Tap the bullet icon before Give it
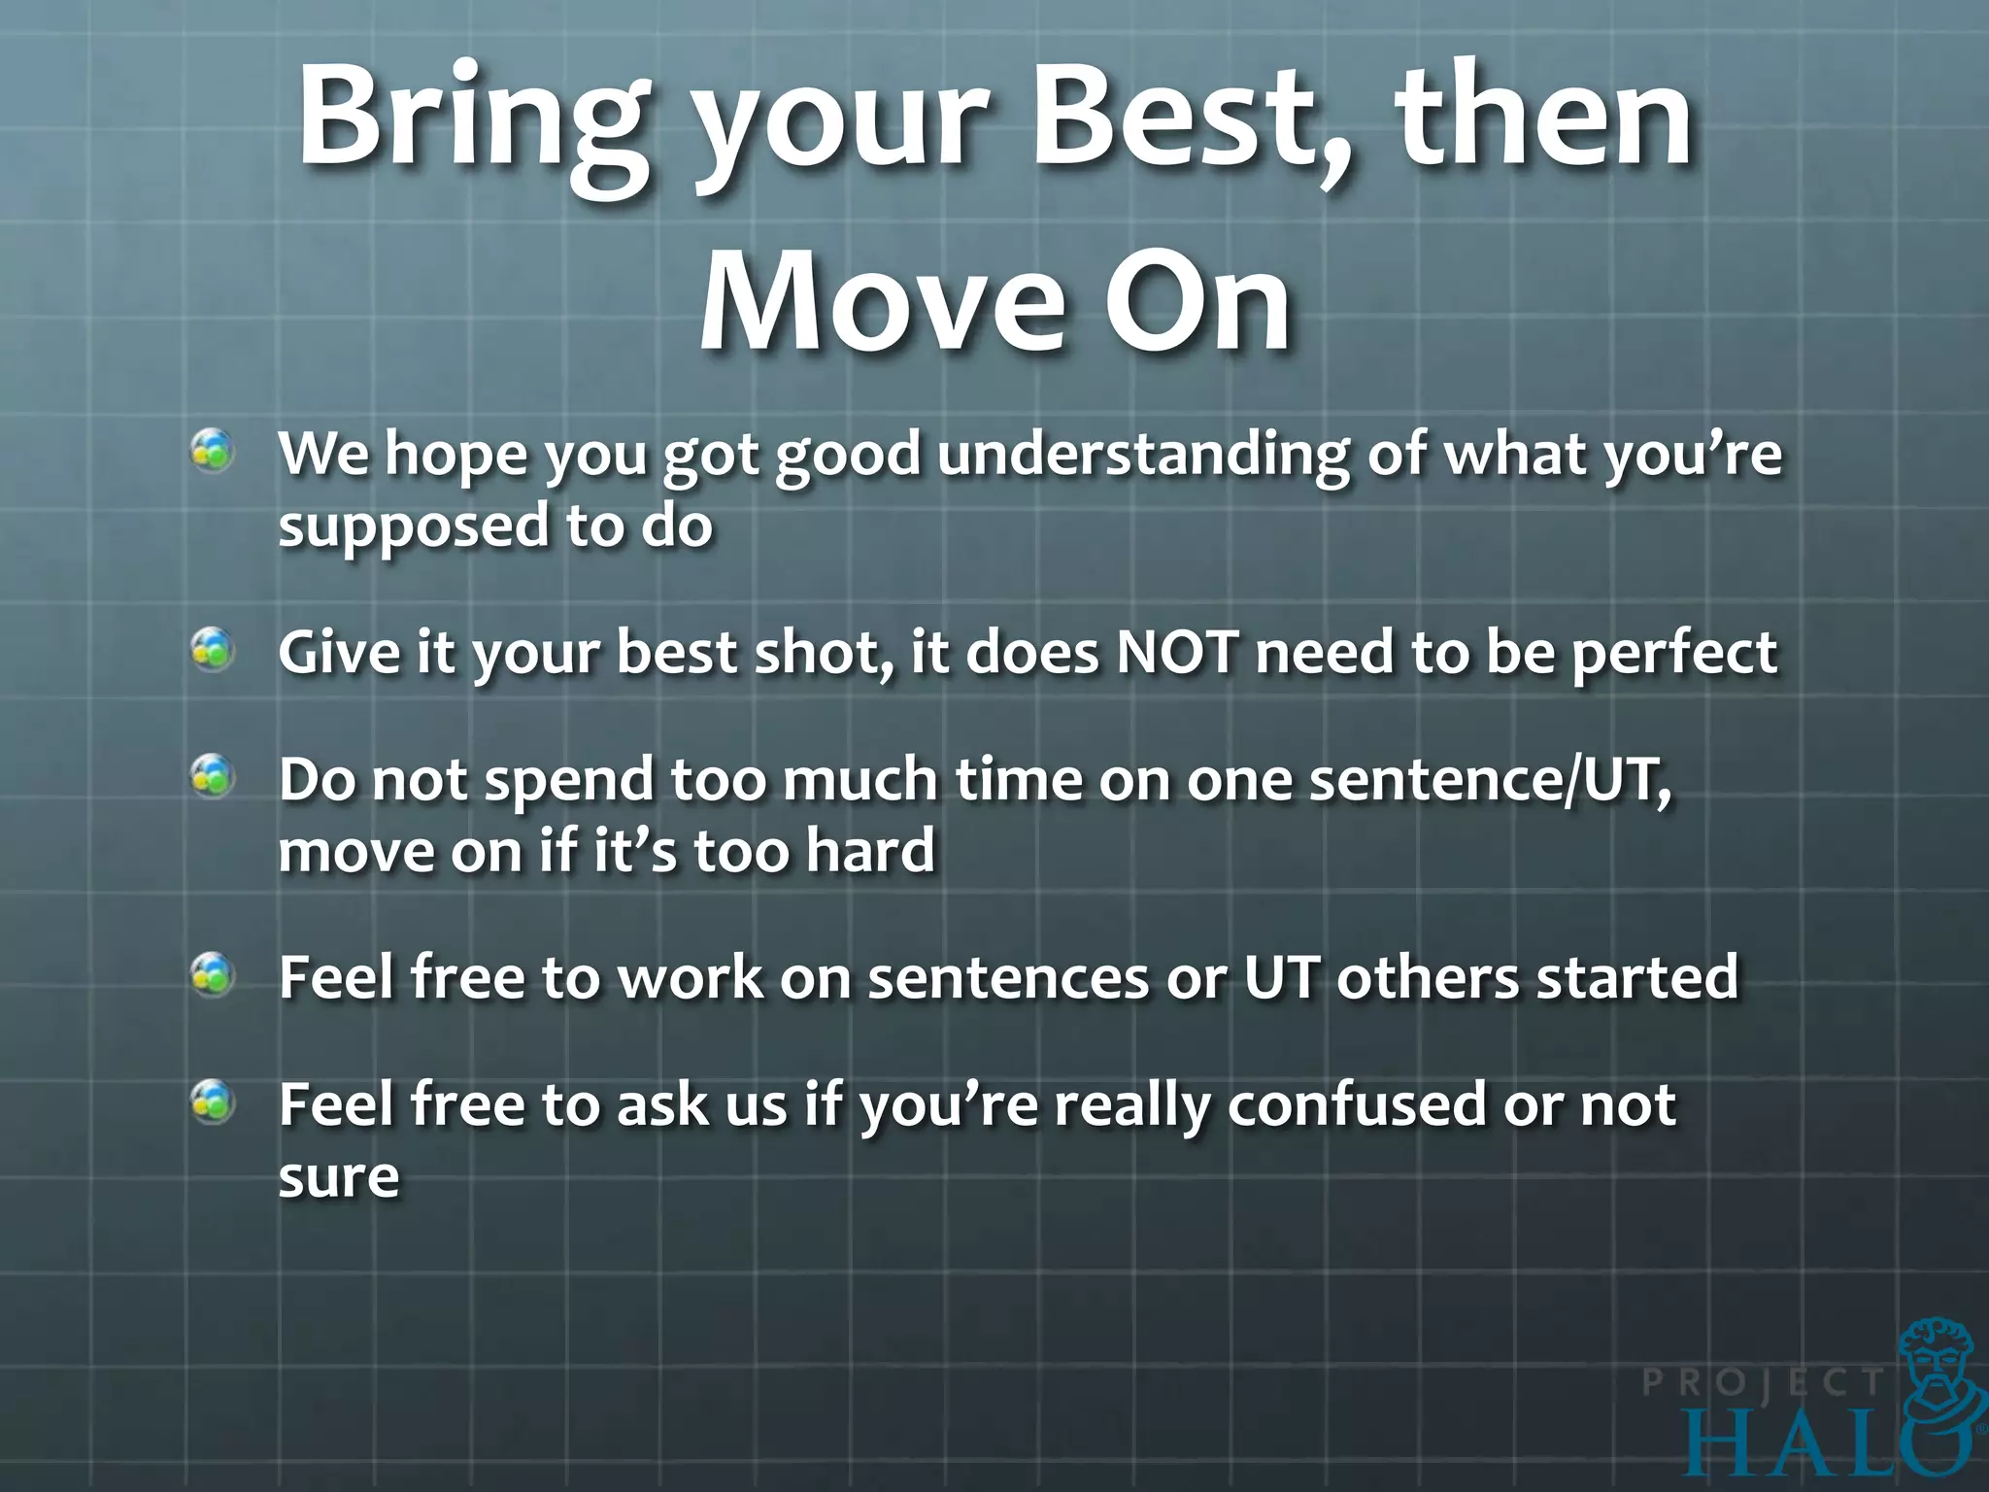212,650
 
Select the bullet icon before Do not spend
212,777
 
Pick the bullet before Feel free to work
212,975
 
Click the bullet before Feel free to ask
212,1102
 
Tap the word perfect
1674,654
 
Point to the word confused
1356,1104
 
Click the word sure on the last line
339,1177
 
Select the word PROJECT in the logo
1762,1382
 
